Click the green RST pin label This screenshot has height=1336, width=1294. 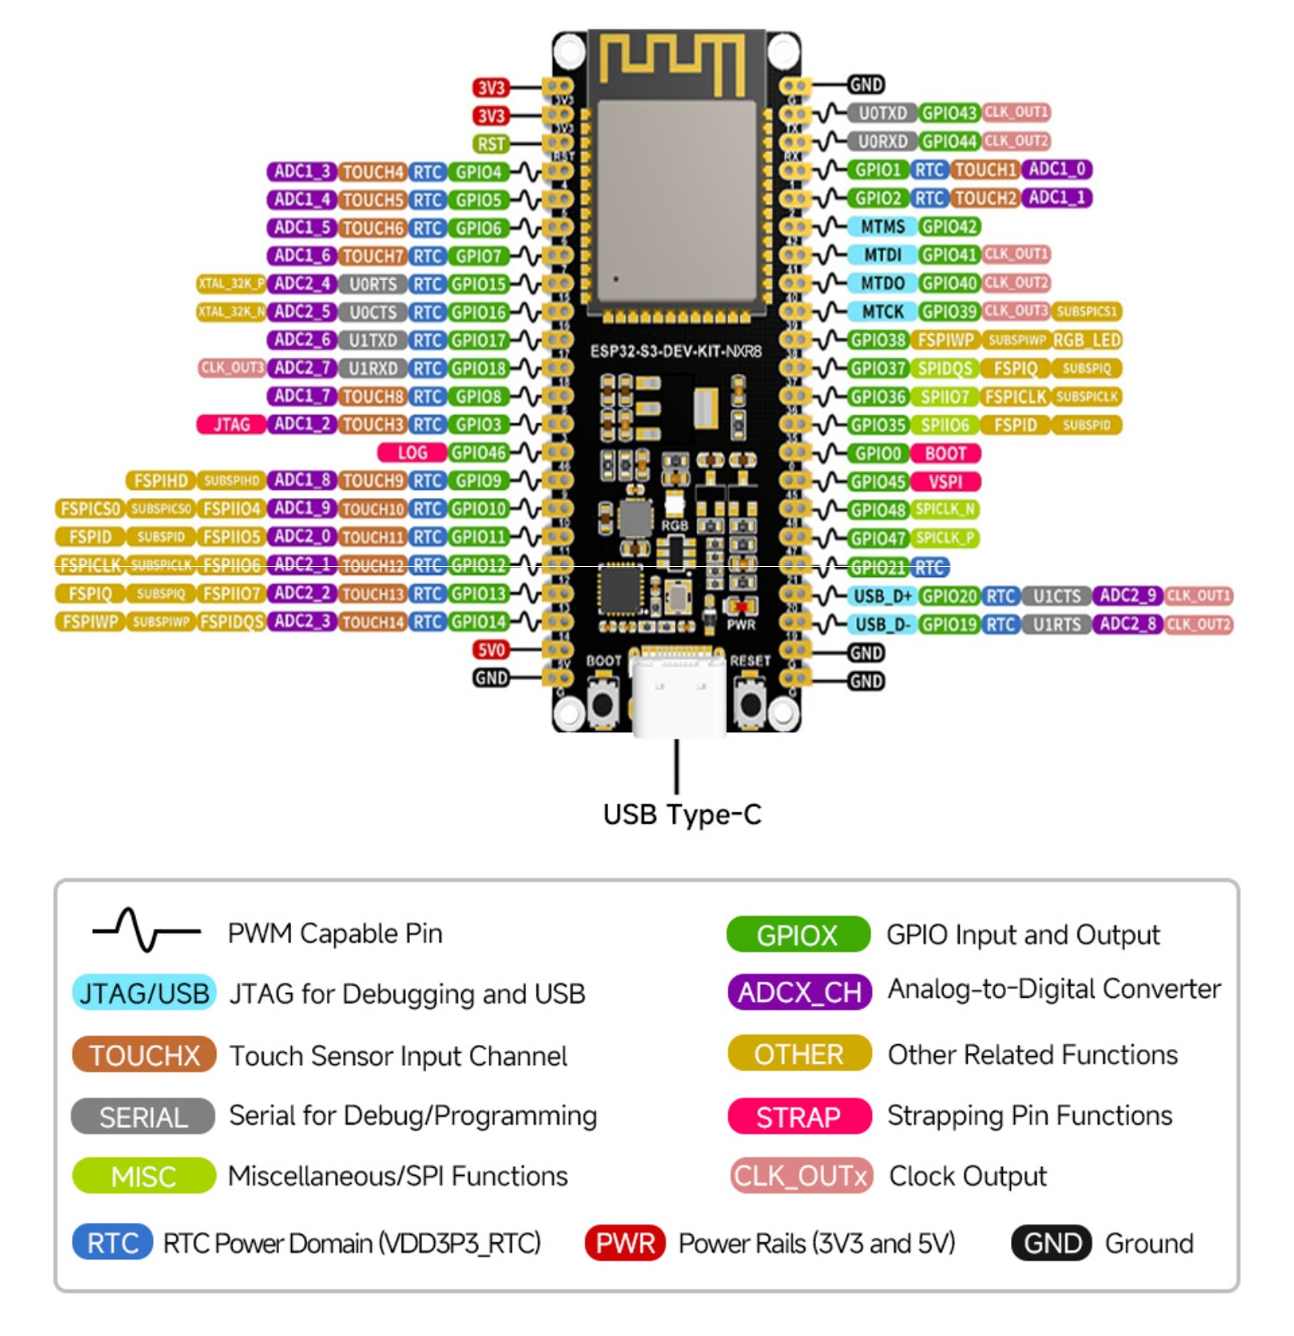(x=491, y=144)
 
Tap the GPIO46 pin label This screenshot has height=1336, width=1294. (x=479, y=453)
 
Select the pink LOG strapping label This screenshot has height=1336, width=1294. (x=412, y=453)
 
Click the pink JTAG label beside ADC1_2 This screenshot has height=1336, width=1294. (x=231, y=425)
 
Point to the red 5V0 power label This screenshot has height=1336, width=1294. (x=491, y=650)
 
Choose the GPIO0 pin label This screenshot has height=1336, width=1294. (x=877, y=454)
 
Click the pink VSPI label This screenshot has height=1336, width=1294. (x=945, y=482)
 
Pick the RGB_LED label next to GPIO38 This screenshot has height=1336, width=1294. (x=1086, y=340)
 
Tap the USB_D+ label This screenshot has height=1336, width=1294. (x=882, y=596)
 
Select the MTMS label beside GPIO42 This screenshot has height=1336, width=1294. (x=882, y=227)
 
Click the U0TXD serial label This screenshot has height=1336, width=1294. (x=882, y=113)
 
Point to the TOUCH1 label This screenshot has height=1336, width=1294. (x=984, y=170)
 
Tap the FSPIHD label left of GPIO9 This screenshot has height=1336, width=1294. (x=160, y=481)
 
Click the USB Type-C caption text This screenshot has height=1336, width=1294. (x=682, y=814)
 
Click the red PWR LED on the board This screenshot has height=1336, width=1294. (x=740, y=606)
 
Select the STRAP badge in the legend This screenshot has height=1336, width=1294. (x=799, y=1117)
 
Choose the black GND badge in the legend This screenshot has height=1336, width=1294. (x=1051, y=1243)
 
